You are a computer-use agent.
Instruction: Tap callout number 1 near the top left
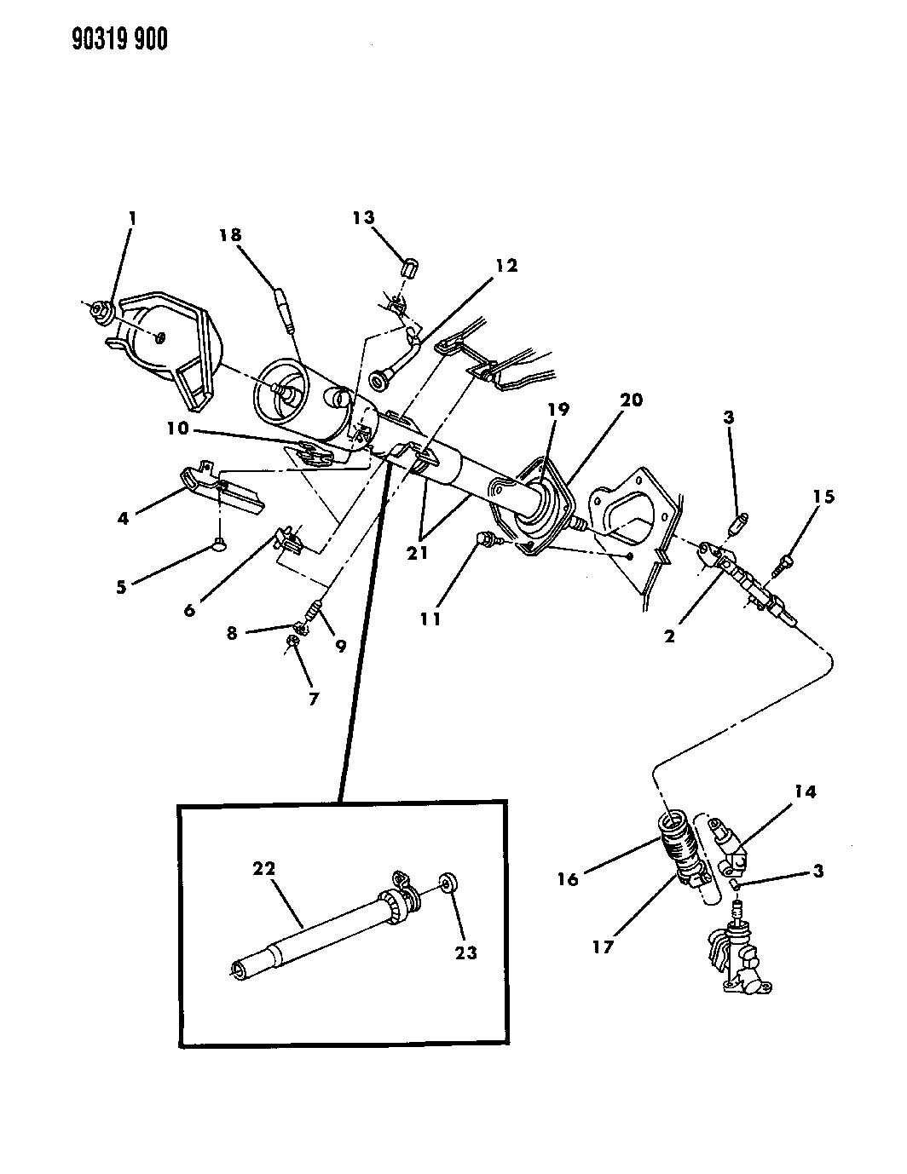click(x=131, y=219)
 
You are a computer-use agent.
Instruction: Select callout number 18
click(x=229, y=236)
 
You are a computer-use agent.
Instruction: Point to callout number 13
click(x=364, y=218)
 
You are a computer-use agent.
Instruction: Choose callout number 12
click(x=506, y=266)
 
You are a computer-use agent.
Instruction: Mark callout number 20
click(x=632, y=400)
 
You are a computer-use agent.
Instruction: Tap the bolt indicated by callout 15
click(x=785, y=562)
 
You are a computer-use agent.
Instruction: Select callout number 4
click(x=124, y=516)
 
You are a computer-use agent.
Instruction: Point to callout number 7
click(x=313, y=699)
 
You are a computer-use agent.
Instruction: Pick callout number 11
click(x=430, y=619)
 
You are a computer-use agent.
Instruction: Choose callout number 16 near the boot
click(x=569, y=878)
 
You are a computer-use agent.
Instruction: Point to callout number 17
click(x=603, y=947)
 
